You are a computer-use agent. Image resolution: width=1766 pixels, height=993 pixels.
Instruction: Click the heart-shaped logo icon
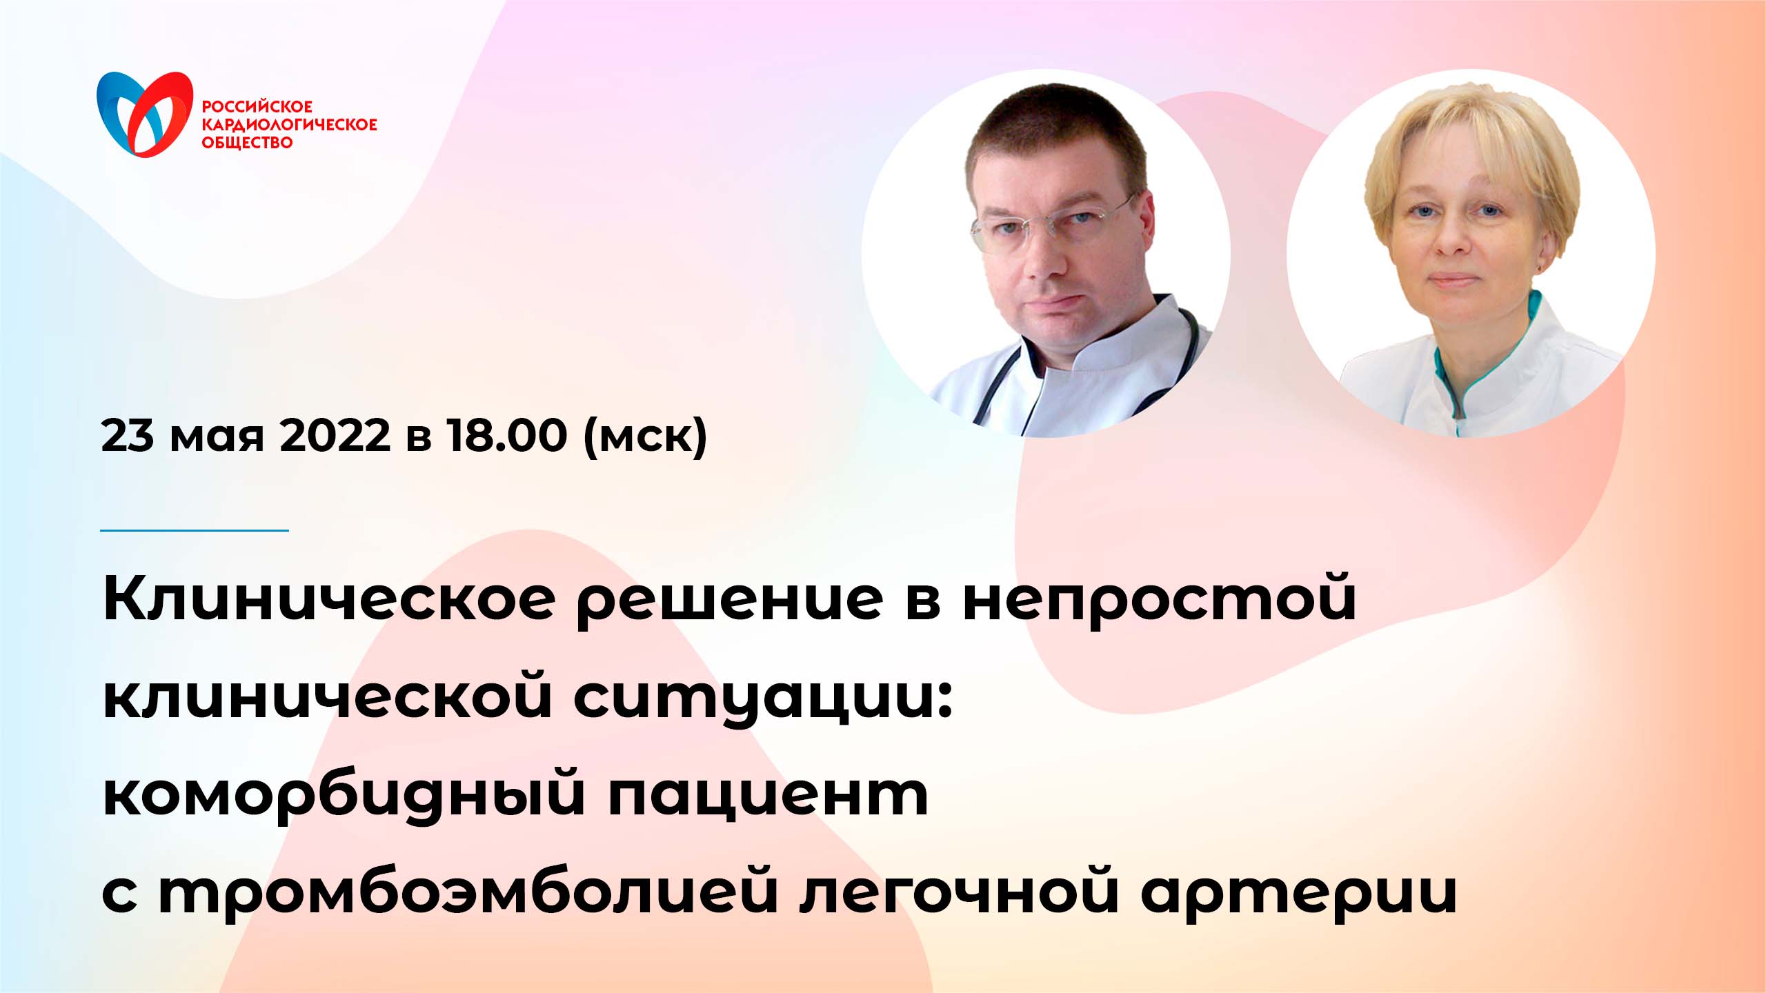coord(145,113)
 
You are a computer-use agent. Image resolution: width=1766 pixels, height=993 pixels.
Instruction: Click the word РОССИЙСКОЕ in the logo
coord(257,107)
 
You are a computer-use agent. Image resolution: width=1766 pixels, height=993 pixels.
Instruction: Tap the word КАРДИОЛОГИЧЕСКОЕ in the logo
coord(289,125)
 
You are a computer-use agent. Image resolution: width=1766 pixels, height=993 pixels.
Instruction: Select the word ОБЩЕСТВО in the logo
coord(247,143)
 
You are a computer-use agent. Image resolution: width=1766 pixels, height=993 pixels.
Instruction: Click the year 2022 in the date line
coord(335,435)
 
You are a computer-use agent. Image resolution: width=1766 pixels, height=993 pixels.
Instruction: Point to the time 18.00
coord(507,435)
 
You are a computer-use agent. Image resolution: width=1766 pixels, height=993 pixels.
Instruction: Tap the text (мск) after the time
coord(645,437)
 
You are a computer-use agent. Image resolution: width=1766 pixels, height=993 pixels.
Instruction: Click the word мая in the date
coord(217,438)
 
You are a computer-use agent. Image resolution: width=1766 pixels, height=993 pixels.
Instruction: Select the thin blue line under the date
coord(194,530)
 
